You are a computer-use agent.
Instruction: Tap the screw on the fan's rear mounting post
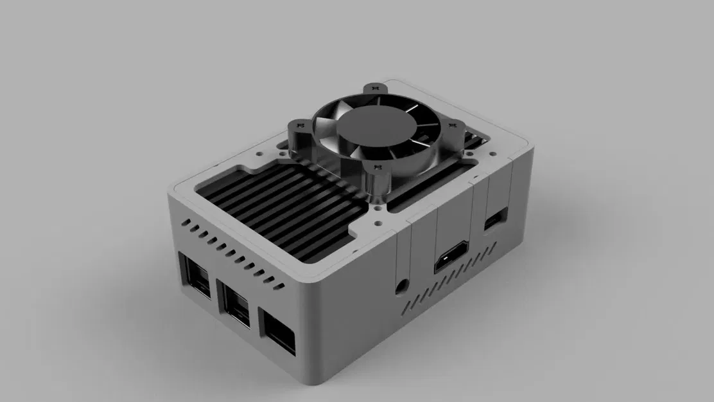(x=374, y=89)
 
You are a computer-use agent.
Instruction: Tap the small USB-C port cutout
(x=495, y=220)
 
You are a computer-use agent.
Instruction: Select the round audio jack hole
(x=402, y=283)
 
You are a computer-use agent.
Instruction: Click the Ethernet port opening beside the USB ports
(x=277, y=331)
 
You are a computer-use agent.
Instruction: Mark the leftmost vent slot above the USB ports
(x=184, y=224)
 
